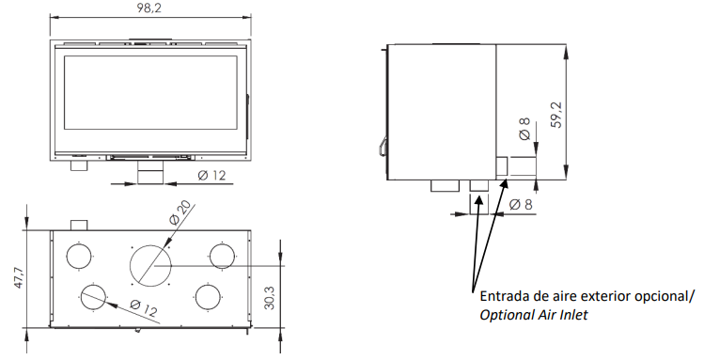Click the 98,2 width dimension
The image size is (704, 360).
[x=149, y=8]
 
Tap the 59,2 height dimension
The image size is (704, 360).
[x=556, y=116]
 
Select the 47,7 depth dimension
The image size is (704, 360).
[x=19, y=277]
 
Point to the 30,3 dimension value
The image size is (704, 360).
[x=270, y=298]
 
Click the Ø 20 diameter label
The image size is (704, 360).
[x=180, y=212]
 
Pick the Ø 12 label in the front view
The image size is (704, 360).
[x=211, y=175]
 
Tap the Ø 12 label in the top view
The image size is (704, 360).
[x=144, y=308]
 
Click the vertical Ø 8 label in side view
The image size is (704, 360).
[x=524, y=129]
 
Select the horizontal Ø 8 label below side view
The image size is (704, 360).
[x=521, y=205]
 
